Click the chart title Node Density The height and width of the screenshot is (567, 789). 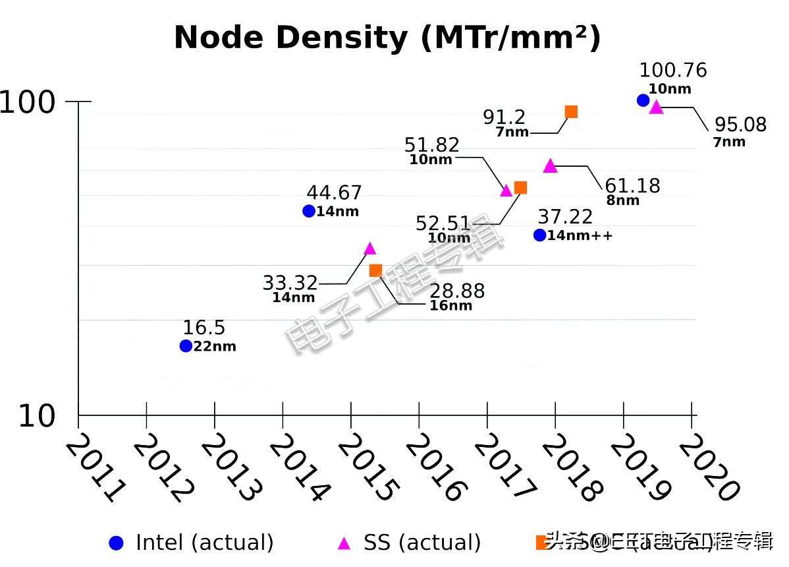coord(387,38)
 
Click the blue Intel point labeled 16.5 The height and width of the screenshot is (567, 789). coord(186,345)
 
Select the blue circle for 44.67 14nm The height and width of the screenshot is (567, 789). coord(308,211)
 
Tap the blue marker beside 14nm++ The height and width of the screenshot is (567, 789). coord(539,235)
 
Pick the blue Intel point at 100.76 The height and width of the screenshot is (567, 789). coord(643,100)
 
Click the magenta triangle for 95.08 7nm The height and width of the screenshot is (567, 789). coord(656,107)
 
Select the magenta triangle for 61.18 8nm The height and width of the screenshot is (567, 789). coord(551,166)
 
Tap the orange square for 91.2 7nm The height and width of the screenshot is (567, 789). coord(571,111)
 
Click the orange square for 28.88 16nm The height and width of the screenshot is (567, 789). coord(375,270)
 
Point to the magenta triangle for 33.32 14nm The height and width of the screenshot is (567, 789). coord(369,249)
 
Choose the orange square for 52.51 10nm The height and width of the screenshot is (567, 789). coord(520,187)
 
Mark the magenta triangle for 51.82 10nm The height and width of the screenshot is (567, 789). coord(506,191)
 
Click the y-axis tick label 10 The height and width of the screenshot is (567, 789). coord(37,417)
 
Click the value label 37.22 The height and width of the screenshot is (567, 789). coord(565,216)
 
